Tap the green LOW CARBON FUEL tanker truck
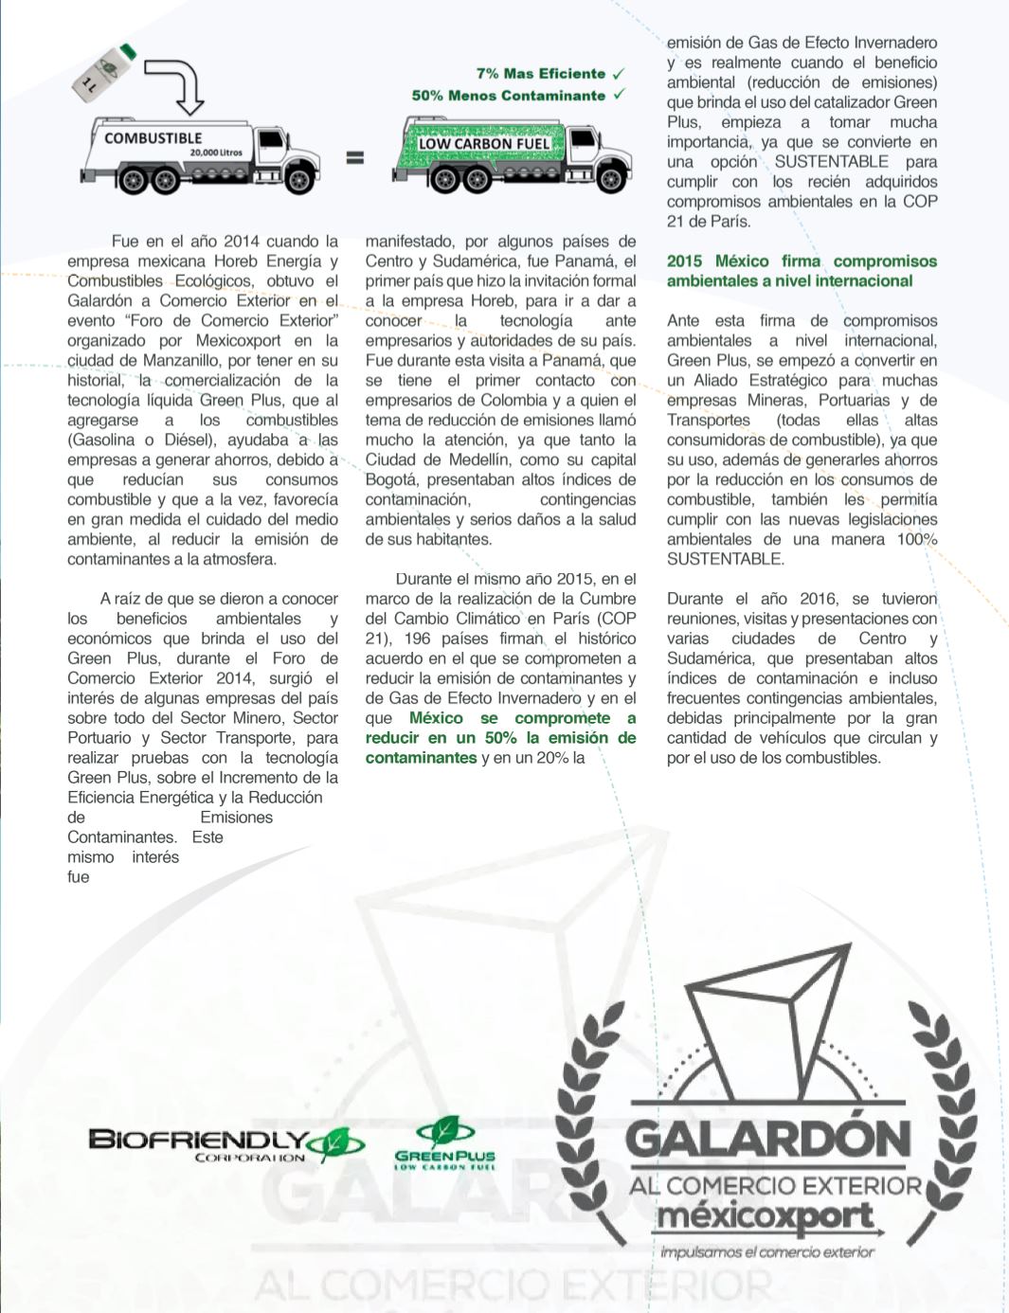(x=512, y=153)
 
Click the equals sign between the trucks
(x=354, y=158)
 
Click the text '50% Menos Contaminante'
(x=508, y=96)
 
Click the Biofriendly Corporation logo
(x=225, y=1143)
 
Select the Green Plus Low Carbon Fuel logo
(x=444, y=1144)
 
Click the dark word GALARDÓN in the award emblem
(x=768, y=1140)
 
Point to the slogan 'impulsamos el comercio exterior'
(x=767, y=1251)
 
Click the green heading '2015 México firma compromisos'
(x=802, y=261)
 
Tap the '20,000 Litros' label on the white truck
(x=215, y=152)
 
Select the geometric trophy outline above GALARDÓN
(x=769, y=1023)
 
